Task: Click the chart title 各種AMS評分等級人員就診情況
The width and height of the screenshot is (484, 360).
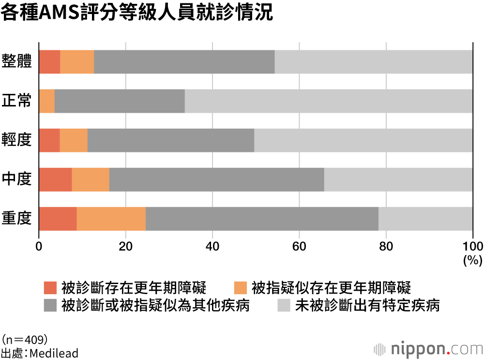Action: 137,13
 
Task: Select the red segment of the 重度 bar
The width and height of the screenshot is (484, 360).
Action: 58,219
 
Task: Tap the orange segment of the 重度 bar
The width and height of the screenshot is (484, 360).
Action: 111,219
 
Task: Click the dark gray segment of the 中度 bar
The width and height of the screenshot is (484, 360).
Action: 216,180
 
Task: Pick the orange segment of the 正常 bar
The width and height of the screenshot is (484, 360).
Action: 47,101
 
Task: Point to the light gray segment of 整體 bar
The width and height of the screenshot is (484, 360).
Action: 373,62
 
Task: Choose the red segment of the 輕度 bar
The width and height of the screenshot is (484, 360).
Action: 49,140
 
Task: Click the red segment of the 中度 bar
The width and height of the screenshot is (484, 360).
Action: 55,180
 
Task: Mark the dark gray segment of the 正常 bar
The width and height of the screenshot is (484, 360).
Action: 120,101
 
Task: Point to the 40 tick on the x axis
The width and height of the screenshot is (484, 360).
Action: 212,245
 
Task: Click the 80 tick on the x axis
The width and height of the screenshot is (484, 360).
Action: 386,245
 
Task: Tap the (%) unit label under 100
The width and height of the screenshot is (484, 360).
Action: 472,260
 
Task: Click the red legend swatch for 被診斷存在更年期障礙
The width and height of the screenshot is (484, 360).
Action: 50,288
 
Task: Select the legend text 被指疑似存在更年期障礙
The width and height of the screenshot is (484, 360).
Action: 332,288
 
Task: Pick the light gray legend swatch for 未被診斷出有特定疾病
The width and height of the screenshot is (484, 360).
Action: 284,306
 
